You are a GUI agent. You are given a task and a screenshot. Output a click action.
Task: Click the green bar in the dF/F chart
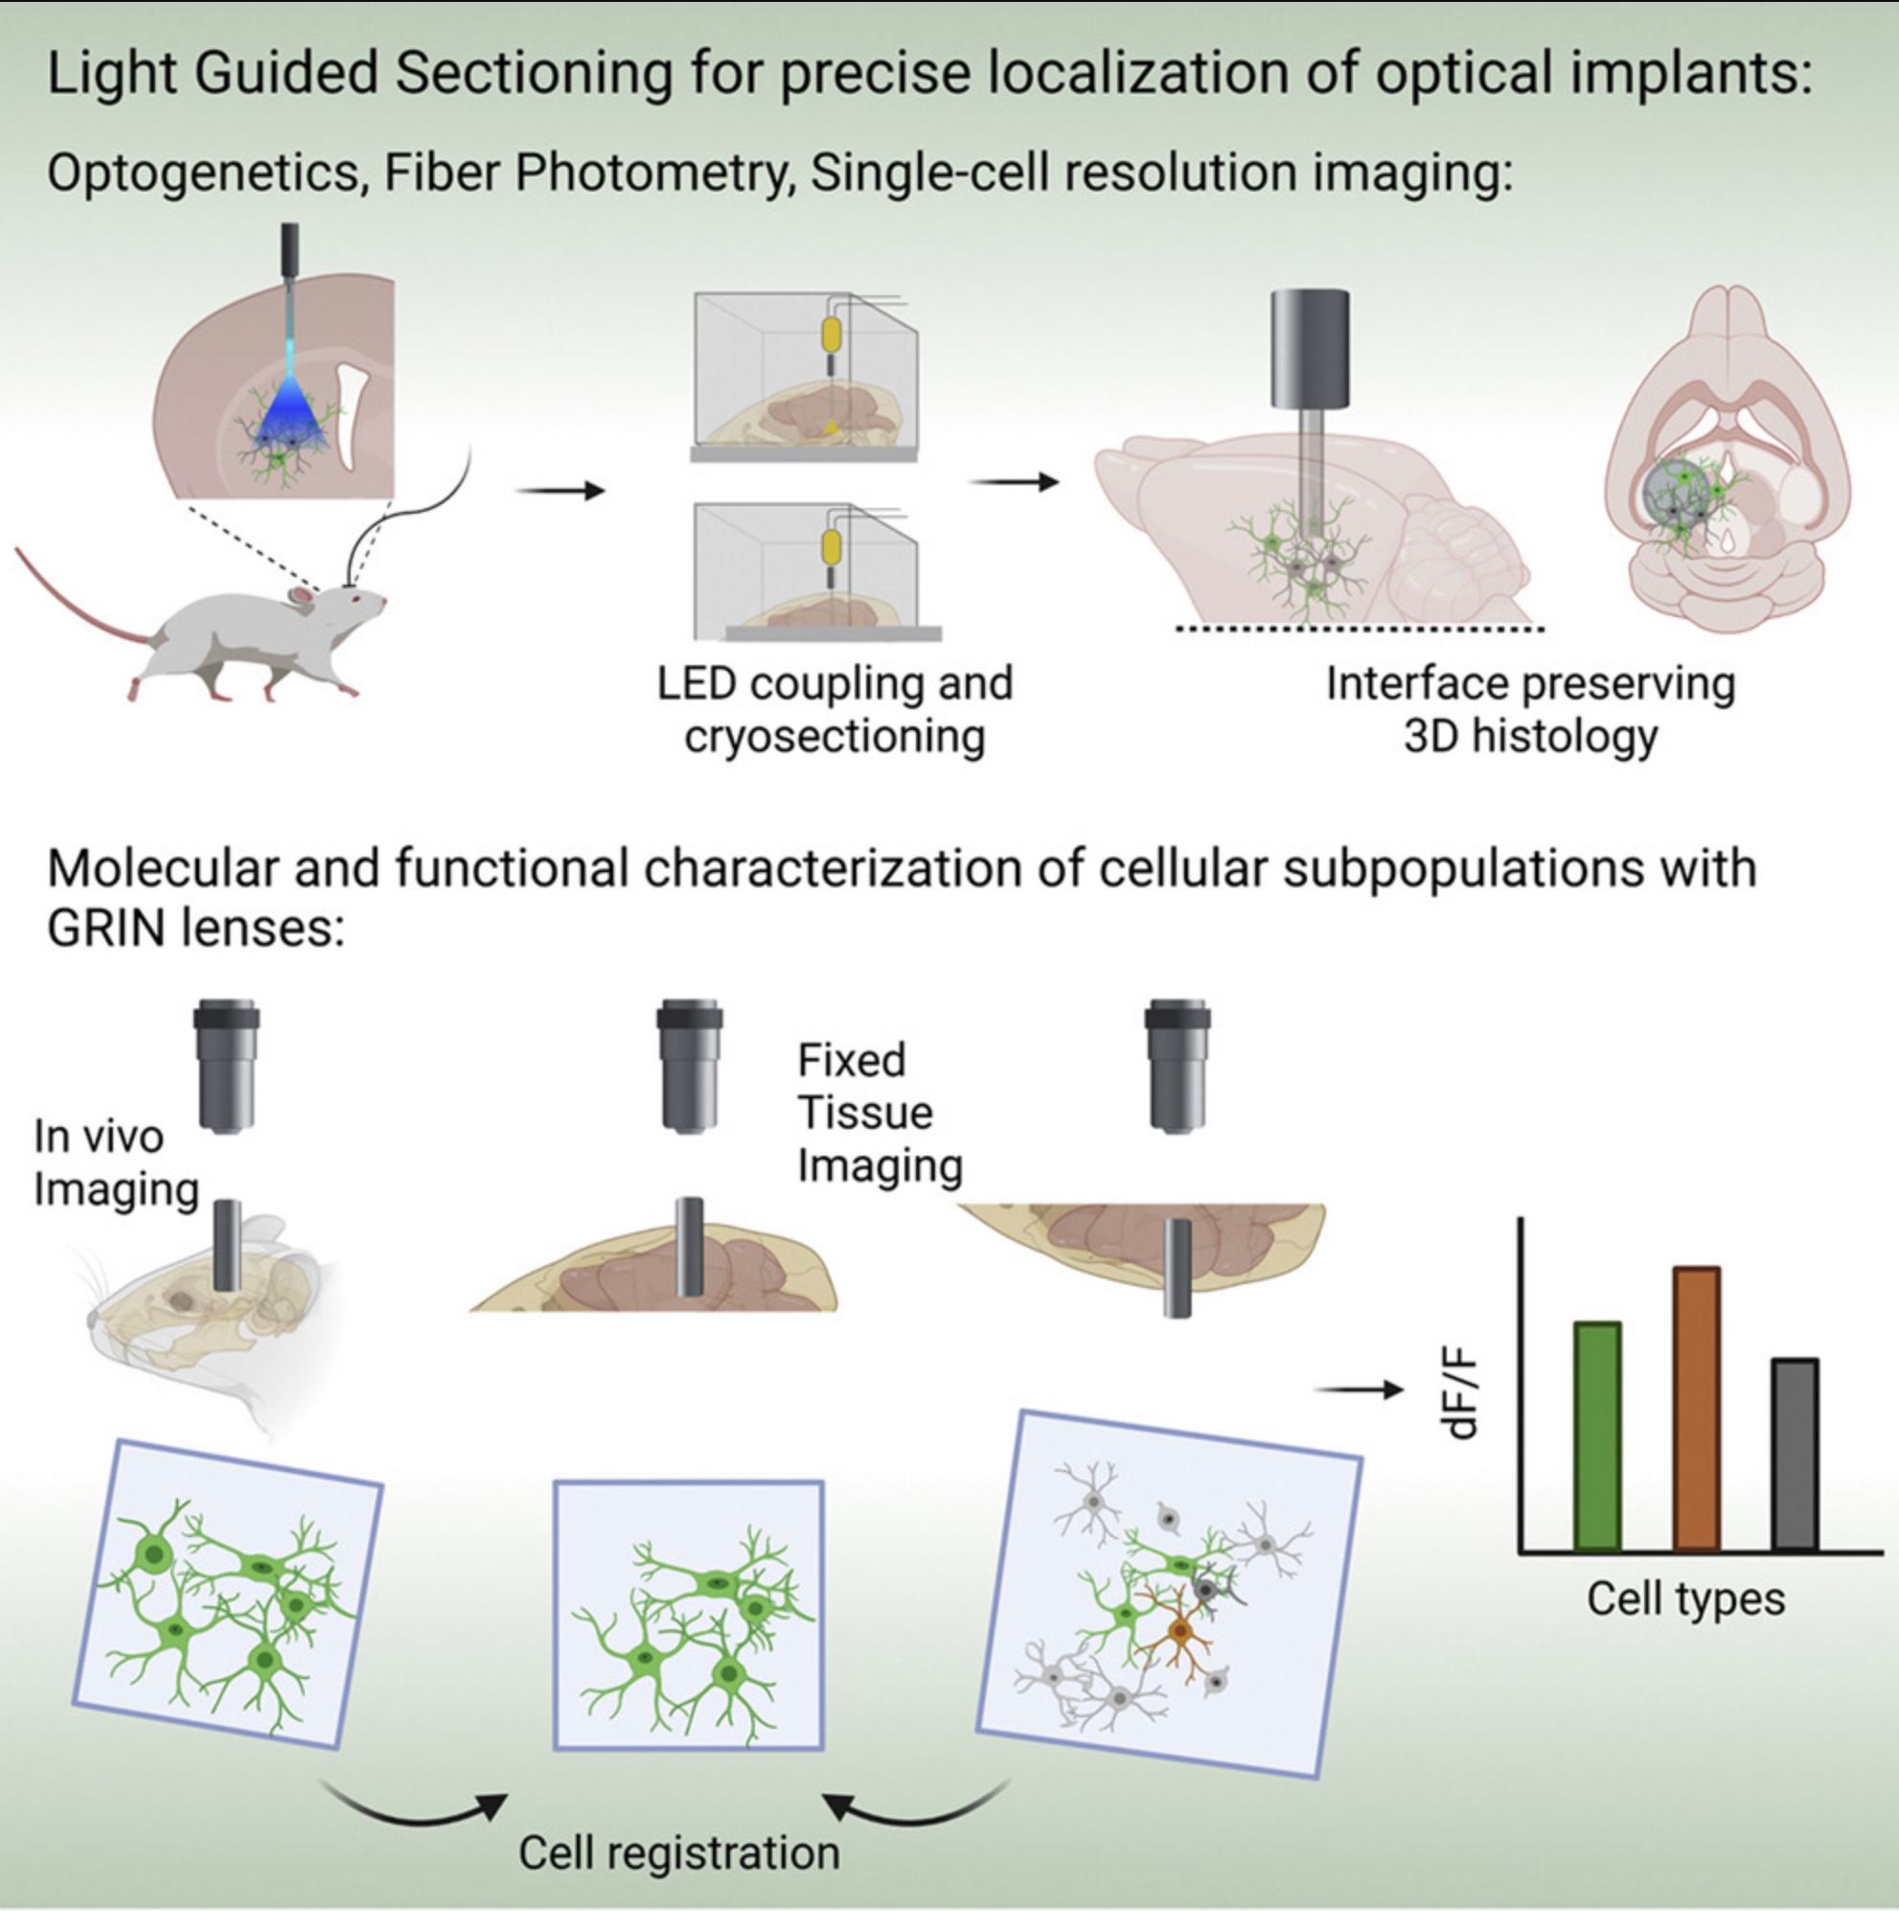[1596, 1436]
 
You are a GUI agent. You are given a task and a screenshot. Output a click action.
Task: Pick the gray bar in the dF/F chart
[1795, 1454]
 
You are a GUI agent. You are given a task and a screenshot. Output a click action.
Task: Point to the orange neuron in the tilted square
[1178, 1629]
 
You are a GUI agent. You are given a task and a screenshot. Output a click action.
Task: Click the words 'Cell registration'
[678, 1852]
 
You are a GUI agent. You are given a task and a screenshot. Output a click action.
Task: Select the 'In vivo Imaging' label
[115, 1163]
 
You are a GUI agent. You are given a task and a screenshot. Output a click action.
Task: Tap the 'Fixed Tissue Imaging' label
[879, 1113]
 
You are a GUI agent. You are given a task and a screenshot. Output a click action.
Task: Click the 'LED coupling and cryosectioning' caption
[835, 709]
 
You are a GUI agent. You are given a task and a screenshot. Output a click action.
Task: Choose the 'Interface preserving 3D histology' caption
[1530, 709]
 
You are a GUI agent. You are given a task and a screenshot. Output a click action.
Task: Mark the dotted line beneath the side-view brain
[1359, 629]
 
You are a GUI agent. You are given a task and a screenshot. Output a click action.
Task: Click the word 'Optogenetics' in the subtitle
[203, 173]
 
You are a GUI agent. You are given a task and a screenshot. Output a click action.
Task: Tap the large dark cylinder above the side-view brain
[1310, 348]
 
